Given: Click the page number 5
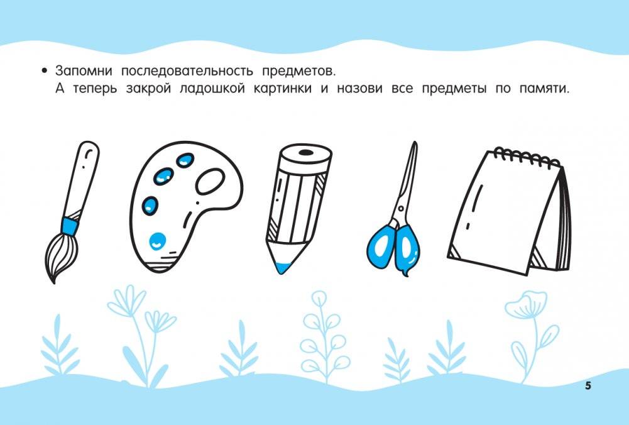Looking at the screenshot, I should point(588,385).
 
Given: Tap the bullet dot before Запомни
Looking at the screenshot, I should point(44,70).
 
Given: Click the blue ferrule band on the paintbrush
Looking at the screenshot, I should point(70,224).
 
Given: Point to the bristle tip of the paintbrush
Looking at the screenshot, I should point(54,277).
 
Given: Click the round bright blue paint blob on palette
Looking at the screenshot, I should point(156,239).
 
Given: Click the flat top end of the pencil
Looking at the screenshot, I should point(305,152).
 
